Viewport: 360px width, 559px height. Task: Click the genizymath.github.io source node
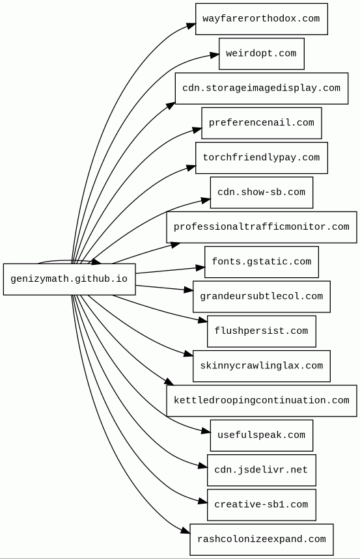[x=69, y=279]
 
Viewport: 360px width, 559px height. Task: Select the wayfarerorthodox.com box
[x=261, y=19]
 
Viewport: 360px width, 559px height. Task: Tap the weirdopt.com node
[x=261, y=53]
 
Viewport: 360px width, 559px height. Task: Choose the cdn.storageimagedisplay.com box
[x=261, y=88]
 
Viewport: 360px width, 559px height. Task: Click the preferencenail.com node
[x=261, y=123]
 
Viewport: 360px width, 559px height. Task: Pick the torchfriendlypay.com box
[x=261, y=157]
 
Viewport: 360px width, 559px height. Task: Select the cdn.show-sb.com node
[x=261, y=192]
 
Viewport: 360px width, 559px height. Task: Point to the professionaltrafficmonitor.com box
[x=261, y=227]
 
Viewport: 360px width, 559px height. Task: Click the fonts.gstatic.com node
[x=261, y=262]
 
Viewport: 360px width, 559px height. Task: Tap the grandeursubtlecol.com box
[x=261, y=296]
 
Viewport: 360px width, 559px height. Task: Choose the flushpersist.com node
[x=261, y=331]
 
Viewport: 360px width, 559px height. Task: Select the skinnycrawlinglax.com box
[x=261, y=366]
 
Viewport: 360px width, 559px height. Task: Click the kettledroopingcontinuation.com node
[x=261, y=400]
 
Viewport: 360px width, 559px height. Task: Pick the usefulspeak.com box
[x=261, y=435]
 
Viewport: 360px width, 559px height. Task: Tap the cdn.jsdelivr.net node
[x=261, y=470]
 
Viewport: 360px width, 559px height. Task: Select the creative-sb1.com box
[x=261, y=504]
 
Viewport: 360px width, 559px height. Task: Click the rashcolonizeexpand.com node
[x=261, y=539]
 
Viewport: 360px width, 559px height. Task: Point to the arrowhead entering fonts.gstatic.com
[x=200, y=267]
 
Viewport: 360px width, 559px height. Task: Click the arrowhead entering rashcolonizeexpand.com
[x=186, y=531]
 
